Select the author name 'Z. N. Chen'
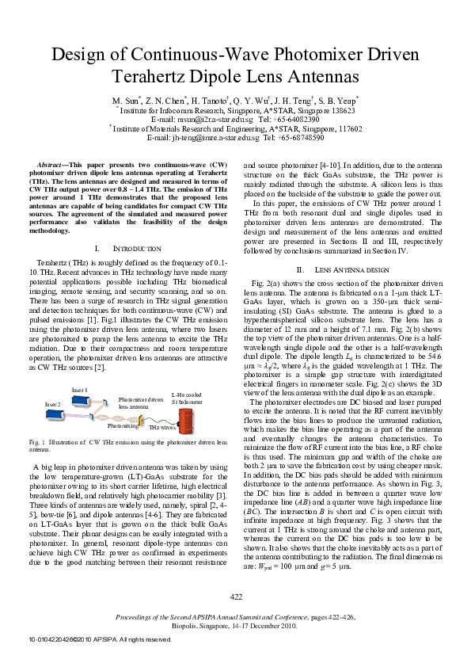165,101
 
